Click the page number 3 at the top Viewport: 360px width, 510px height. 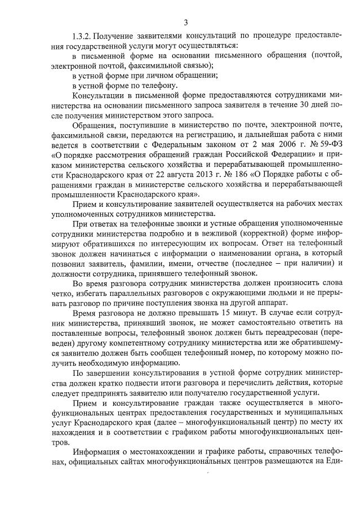pyautogui.click(x=185, y=23)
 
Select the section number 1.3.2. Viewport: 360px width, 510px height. pyautogui.click(x=84, y=36)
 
